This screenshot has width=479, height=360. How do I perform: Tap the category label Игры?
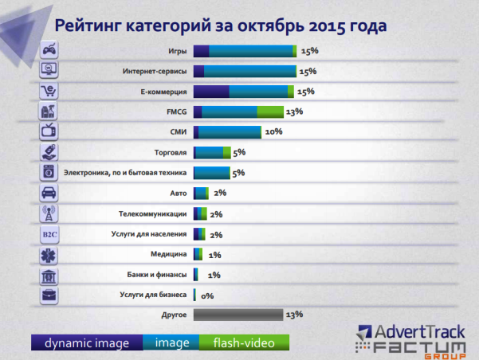coord(179,51)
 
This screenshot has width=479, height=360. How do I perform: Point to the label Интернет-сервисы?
coord(155,71)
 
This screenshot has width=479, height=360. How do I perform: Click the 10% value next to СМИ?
coord(273,132)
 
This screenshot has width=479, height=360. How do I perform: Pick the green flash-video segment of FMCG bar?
coord(269,112)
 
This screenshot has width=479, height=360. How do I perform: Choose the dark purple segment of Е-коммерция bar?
coord(211,92)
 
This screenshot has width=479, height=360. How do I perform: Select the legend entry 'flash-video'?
coord(244,343)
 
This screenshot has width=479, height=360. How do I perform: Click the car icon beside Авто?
coord(48,194)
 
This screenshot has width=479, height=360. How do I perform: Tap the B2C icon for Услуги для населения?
coord(48,234)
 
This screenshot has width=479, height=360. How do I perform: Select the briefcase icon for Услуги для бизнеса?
coord(48,295)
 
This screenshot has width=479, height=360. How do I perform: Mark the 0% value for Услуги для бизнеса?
coord(207,295)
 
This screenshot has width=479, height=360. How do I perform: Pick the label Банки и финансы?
coord(157,275)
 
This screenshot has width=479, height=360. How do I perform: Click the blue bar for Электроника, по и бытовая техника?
coord(211,173)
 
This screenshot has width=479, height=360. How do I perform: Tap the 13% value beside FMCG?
coord(294,112)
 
